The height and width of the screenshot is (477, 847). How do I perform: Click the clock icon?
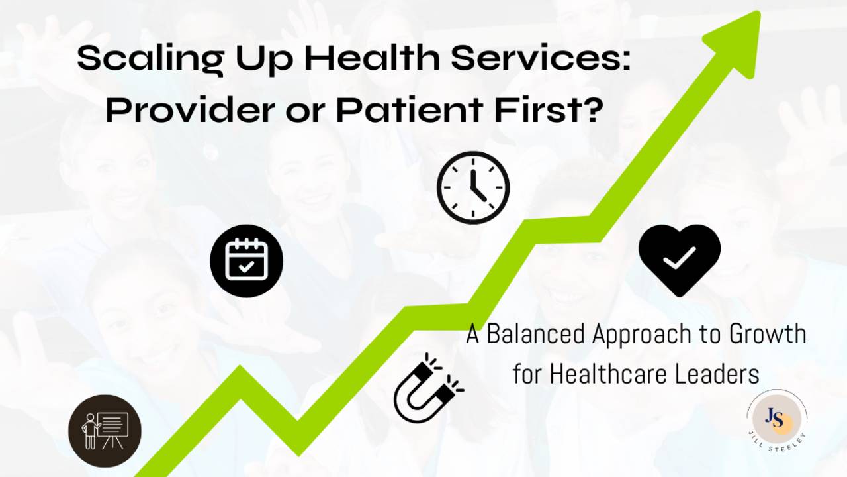tap(473, 187)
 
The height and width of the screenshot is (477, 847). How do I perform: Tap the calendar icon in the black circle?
tap(247, 260)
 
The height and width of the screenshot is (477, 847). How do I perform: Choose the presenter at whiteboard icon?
tap(105, 431)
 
